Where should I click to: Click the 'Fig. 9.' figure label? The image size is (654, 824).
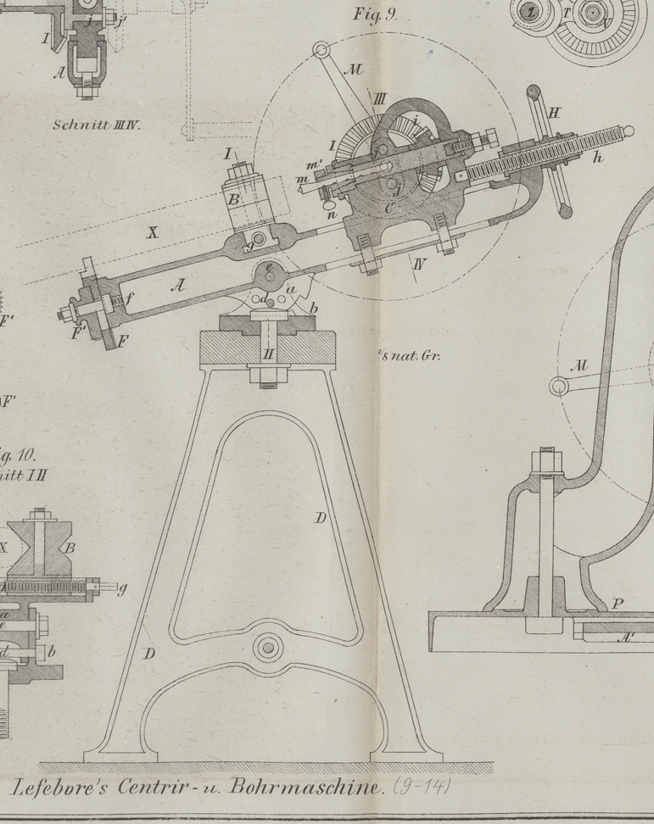coord(374,14)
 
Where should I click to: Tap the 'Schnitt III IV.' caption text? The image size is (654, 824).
coord(96,125)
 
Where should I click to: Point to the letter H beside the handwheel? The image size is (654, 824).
coord(554,112)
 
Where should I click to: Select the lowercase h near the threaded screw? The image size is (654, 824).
coord(599,157)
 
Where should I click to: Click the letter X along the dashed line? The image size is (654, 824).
coord(153,232)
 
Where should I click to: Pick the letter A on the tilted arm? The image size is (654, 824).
coord(177,286)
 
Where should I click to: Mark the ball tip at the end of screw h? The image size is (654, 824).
coord(628,131)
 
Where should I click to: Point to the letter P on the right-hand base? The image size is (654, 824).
coord(618,604)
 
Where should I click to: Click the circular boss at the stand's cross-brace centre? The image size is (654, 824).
coord(268,648)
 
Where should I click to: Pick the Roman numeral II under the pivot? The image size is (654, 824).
coord(268,354)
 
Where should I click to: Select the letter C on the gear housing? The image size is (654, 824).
coord(388,206)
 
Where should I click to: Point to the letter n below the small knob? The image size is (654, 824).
coord(333,214)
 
